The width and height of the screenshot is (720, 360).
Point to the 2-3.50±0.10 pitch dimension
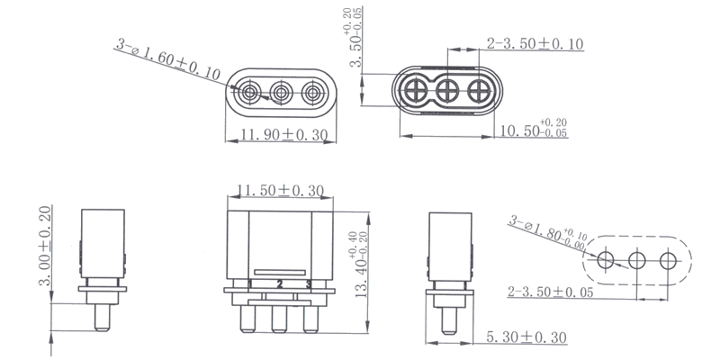[537, 43]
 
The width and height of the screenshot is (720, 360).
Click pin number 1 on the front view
[249, 283]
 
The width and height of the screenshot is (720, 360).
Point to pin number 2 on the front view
[280, 283]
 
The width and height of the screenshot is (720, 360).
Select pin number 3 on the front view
[309, 283]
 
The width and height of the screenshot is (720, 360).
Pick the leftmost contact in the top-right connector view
[418, 91]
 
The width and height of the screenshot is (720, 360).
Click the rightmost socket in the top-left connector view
[312, 93]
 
